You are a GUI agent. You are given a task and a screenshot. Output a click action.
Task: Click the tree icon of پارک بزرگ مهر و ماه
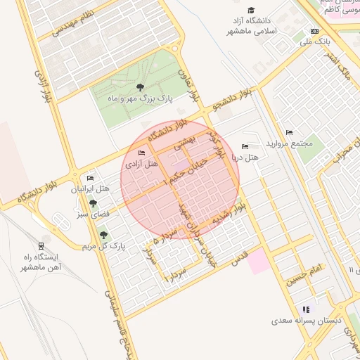tap(140, 88)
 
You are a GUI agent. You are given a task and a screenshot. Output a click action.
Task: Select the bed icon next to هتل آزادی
tap(142, 153)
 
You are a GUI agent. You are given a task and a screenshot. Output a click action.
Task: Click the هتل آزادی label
tap(141, 164)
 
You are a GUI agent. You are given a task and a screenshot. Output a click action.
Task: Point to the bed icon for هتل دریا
tap(245, 146)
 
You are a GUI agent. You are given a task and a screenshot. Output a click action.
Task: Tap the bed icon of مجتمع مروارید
tap(289, 133)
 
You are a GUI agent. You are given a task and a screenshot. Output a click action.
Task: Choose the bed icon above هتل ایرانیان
tap(90, 179)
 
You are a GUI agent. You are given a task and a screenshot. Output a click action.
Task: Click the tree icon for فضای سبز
tap(93, 203)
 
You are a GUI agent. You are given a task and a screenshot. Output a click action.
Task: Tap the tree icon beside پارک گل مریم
tap(104, 235)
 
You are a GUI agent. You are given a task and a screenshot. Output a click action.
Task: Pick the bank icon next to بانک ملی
tap(314, 31)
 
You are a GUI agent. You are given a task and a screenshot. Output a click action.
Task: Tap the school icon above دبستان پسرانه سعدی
tap(305, 309)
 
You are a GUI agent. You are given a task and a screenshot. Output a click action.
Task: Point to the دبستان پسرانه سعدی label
tap(307, 321)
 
